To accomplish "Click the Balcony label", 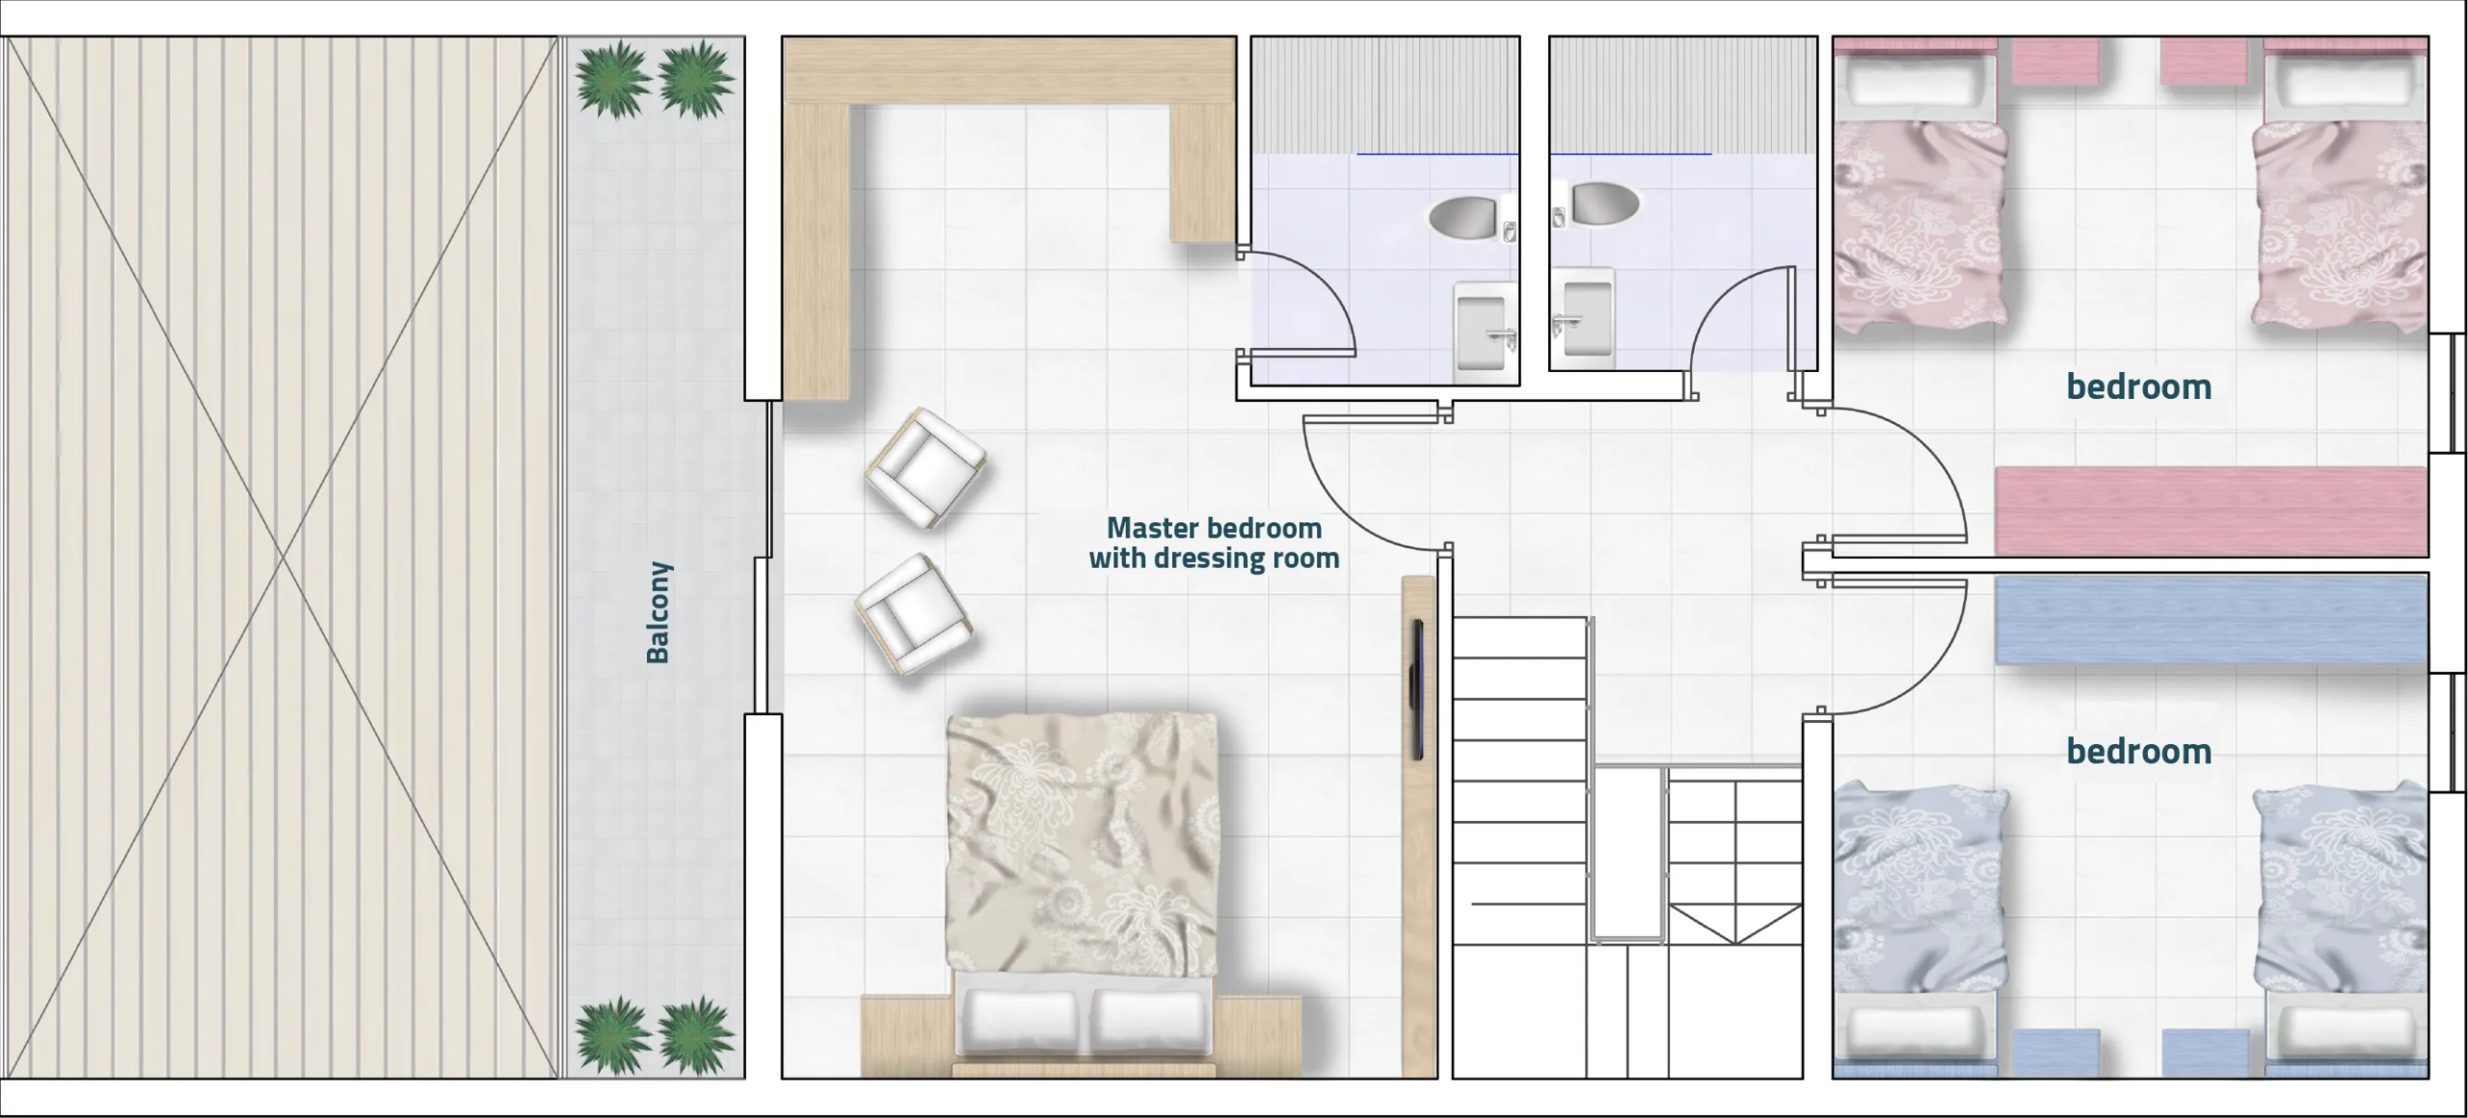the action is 657,613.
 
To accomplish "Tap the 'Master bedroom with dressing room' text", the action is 1214,544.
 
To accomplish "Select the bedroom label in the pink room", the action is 2138,386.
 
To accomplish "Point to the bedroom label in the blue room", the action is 2138,751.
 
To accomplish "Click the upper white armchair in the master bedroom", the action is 925,467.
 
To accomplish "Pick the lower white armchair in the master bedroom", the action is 913,614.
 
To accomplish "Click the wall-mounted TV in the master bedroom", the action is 1417,690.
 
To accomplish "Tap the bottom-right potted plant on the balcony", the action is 695,1035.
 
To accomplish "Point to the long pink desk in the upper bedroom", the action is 2211,511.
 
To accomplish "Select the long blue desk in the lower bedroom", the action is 2211,620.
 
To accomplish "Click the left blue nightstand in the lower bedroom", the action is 2057,1052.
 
